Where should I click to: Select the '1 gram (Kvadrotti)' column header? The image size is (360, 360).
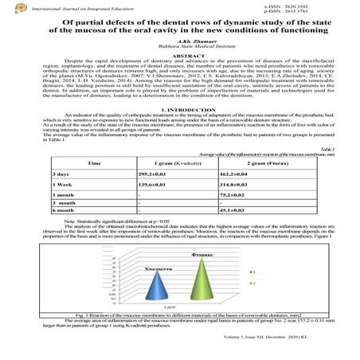click(x=170, y=184)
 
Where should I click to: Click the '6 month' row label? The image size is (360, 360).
click(x=66, y=233)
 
